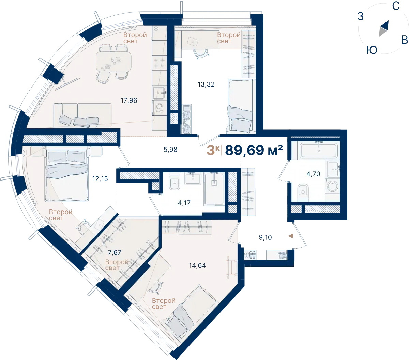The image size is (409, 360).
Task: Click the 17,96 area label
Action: [x=129, y=100]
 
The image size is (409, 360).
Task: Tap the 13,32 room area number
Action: [x=206, y=84]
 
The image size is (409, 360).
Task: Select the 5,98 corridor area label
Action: [x=170, y=150]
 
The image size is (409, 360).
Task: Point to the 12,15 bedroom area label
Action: [x=100, y=178]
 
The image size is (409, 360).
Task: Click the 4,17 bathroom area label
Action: [x=184, y=203]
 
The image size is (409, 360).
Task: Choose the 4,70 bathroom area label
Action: [x=313, y=174]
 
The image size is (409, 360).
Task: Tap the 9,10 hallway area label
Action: [x=265, y=237]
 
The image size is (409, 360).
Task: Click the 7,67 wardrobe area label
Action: [x=115, y=252]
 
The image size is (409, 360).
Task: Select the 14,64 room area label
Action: [x=197, y=265]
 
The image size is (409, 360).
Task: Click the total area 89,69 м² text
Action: [x=254, y=150]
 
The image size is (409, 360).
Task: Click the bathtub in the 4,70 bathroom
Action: [x=319, y=150]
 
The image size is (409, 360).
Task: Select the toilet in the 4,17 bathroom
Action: [x=175, y=182]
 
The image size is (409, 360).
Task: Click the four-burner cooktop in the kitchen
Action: [x=159, y=63]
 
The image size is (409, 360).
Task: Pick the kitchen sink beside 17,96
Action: [x=159, y=93]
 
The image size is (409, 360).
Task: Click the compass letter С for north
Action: [x=396, y=6]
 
